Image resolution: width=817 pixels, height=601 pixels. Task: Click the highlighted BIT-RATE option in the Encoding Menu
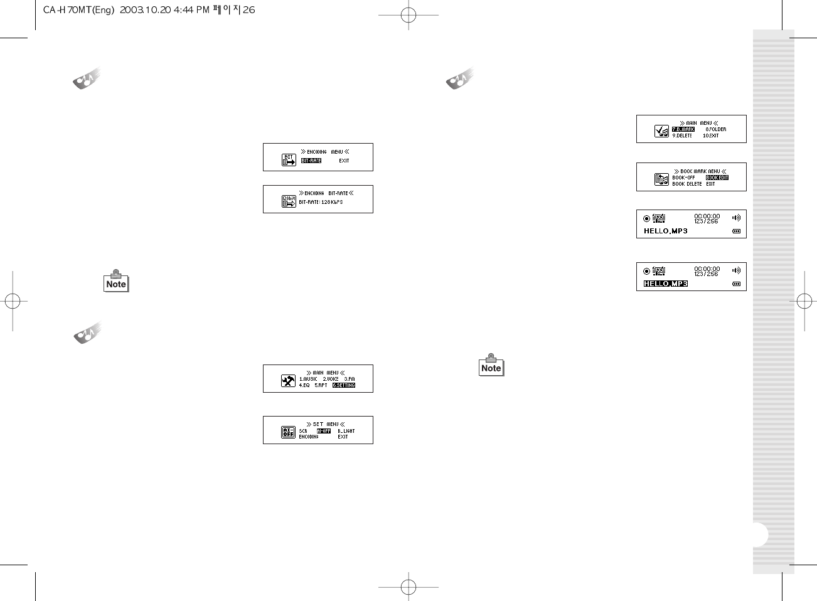(x=311, y=161)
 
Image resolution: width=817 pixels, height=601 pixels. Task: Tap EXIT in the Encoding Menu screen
(x=344, y=161)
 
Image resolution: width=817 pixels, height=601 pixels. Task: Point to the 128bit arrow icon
(x=289, y=201)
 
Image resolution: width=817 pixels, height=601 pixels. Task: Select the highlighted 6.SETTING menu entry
(x=344, y=385)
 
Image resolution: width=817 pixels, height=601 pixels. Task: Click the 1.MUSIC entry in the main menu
(x=308, y=379)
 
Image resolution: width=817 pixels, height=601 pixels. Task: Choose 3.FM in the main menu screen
(x=350, y=379)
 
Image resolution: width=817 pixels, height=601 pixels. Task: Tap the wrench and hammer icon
(x=288, y=380)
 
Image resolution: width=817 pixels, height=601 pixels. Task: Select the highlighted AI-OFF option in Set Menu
(x=324, y=431)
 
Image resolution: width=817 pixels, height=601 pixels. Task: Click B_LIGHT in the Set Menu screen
(x=346, y=431)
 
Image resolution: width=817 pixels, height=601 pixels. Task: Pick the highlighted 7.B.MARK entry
(x=683, y=129)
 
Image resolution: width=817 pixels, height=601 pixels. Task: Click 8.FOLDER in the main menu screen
(x=716, y=129)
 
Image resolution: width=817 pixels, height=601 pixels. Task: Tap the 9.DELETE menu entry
(x=682, y=136)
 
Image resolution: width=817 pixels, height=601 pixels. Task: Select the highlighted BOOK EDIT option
(x=717, y=178)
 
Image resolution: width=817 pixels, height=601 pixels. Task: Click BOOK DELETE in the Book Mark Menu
(x=687, y=184)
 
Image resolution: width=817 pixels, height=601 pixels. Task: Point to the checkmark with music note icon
(x=661, y=130)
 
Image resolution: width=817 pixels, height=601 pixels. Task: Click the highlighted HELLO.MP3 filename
(x=666, y=284)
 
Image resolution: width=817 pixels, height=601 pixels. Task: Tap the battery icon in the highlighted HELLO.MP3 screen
(x=736, y=284)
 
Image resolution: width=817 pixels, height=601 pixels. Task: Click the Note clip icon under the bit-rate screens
(x=116, y=282)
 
